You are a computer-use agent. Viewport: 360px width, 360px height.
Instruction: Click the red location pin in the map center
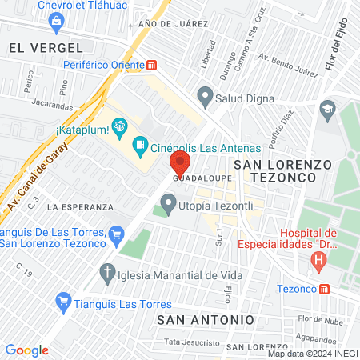click(179, 165)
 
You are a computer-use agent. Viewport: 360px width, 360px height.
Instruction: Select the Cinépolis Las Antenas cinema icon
click(141, 144)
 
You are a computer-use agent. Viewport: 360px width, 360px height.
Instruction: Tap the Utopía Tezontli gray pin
click(168, 205)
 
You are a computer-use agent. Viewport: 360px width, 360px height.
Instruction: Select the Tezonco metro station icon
click(324, 289)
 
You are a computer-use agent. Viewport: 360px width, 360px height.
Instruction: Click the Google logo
click(27, 350)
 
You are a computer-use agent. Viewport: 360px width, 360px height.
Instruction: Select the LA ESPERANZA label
click(77, 206)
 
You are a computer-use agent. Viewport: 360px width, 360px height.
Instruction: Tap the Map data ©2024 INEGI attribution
click(312, 354)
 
